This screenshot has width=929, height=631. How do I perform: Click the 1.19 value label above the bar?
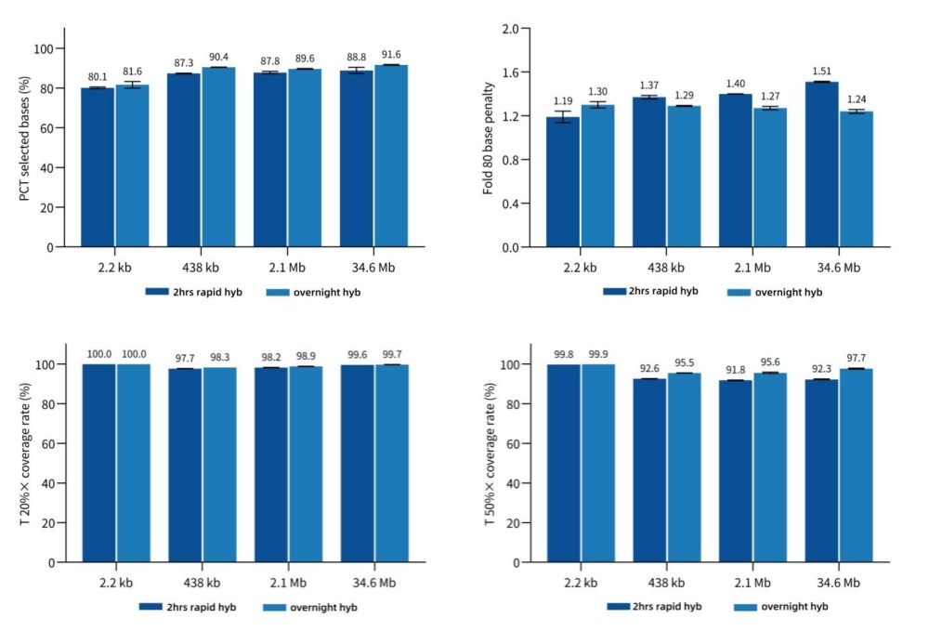click(x=563, y=100)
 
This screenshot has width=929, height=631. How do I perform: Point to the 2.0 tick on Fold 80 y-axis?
click(x=510, y=29)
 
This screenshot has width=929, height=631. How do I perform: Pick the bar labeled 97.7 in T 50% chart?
click(x=856, y=466)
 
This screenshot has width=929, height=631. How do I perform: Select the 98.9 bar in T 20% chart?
click(x=305, y=465)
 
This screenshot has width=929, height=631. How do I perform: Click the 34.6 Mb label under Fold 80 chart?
click(x=838, y=268)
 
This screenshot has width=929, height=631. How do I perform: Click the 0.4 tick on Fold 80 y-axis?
click(x=510, y=204)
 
